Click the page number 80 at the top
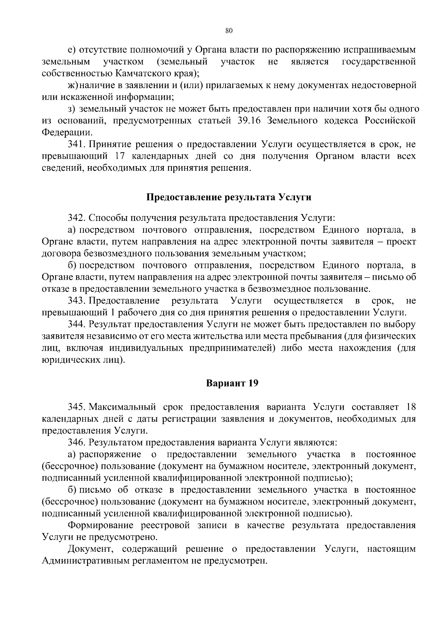[x=229, y=31]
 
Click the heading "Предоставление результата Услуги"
[x=229, y=198]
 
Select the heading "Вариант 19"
[x=232, y=383]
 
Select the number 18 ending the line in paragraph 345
[x=410, y=407]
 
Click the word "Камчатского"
[x=141, y=73]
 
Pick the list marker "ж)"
[x=73, y=86]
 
